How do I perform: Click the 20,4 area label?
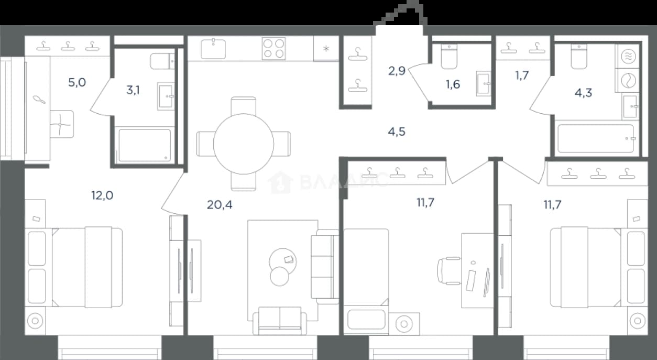point(220,205)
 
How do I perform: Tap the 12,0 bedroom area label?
point(102,195)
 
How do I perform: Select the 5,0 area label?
point(77,82)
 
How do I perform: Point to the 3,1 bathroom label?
point(133,90)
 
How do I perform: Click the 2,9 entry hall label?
point(397,71)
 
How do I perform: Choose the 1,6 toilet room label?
point(453,84)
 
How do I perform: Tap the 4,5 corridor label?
point(397,132)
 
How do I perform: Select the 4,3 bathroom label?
point(583,93)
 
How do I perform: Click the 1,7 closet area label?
point(522,75)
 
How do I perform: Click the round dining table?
point(244,144)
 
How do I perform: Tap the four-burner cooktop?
point(273,48)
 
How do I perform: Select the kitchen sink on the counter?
point(213,49)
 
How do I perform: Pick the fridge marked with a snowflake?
point(326,48)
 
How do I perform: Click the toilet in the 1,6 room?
point(449,57)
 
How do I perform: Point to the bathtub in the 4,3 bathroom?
point(595,138)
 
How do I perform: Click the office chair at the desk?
point(449,271)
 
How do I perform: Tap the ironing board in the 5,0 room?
point(37,108)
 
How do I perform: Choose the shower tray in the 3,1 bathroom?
point(145,146)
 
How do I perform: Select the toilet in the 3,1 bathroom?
point(162,61)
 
